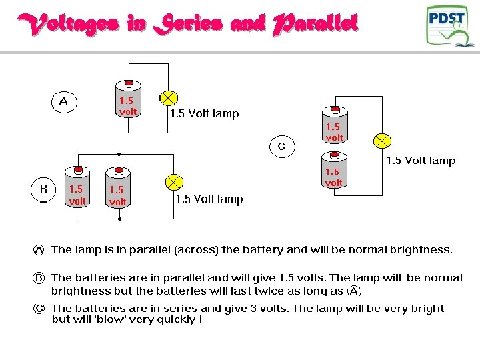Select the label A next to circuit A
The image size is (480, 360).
[64, 101]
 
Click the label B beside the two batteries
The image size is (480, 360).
[43, 189]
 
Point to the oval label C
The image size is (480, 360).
[281, 146]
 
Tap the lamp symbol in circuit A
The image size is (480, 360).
[169, 99]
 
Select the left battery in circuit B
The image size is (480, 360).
[77, 189]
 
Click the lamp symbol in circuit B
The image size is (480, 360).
[173, 182]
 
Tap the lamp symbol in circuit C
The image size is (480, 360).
[382, 141]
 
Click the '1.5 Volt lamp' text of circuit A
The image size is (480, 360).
[204, 114]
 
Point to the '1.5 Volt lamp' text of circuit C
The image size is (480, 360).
[421, 161]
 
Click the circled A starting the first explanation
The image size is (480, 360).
[39, 250]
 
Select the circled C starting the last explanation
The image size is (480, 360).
[39, 309]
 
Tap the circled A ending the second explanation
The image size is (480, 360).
[355, 291]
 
